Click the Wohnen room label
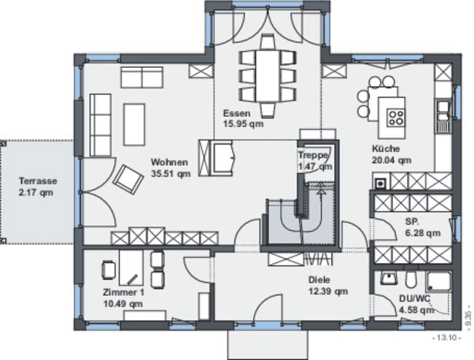(169, 163)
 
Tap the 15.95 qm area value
(243, 124)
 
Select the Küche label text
(386, 149)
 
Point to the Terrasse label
(38, 181)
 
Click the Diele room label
(319, 280)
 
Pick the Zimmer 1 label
(123, 292)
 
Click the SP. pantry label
(412, 222)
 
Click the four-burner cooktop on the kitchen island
(396, 117)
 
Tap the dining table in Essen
(268, 76)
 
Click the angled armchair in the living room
(128, 179)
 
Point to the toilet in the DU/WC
(411, 279)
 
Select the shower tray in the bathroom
(439, 282)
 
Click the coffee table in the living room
(134, 125)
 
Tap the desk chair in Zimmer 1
(109, 270)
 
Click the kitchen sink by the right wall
(444, 117)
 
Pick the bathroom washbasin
(389, 278)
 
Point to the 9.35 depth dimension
(468, 318)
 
